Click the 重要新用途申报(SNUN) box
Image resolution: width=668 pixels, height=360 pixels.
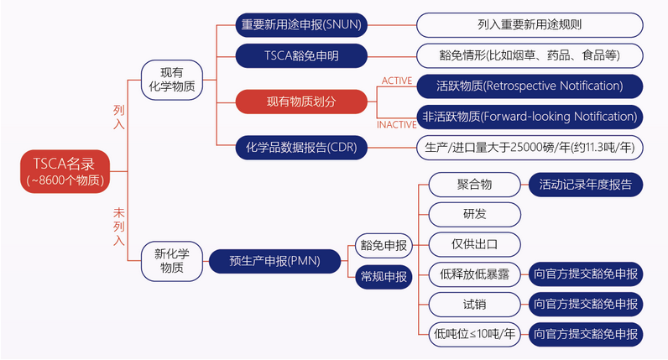[301, 24]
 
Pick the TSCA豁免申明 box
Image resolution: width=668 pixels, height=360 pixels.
[301, 56]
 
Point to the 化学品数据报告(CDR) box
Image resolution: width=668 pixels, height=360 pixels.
[301, 148]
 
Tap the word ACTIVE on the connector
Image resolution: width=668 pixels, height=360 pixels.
[397, 81]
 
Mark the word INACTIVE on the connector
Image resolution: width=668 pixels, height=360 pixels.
[395, 125]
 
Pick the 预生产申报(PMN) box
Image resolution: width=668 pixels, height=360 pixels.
[274, 260]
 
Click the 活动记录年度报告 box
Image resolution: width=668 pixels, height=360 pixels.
[585, 184]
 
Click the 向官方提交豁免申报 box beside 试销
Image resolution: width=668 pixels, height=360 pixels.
[585, 304]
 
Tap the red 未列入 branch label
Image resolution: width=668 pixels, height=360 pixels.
[118, 226]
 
